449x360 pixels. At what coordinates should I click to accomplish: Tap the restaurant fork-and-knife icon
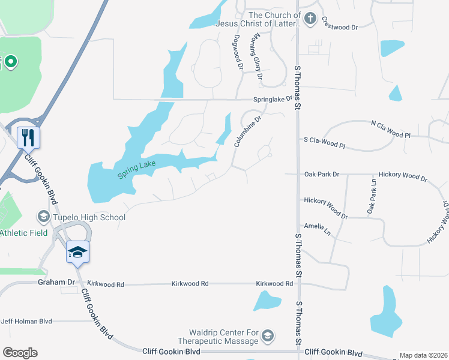(28, 137)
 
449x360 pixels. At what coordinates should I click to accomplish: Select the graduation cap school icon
(77, 251)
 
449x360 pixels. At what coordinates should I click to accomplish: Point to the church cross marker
(310, 19)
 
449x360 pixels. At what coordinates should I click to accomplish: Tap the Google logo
(20, 353)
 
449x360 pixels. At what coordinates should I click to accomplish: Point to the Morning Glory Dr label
(257, 56)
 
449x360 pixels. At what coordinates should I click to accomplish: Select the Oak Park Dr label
(322, 174)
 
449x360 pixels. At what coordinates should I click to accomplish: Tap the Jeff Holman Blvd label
(26, 321)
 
